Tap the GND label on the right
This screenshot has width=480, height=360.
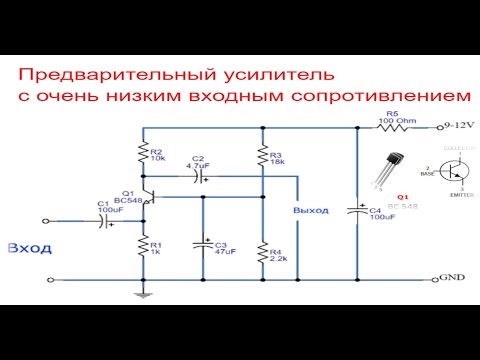[452, 278]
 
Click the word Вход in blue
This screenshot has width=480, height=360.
[27, 247]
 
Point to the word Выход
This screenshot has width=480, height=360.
[310, 211]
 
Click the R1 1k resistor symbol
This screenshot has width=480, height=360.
[144, 247]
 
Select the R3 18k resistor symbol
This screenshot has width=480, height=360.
[262, 157]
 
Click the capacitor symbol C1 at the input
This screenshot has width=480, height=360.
[106, 220]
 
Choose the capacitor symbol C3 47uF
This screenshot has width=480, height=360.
[203, 245]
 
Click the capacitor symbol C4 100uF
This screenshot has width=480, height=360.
[357, 211]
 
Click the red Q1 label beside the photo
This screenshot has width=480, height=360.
[403, 197]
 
